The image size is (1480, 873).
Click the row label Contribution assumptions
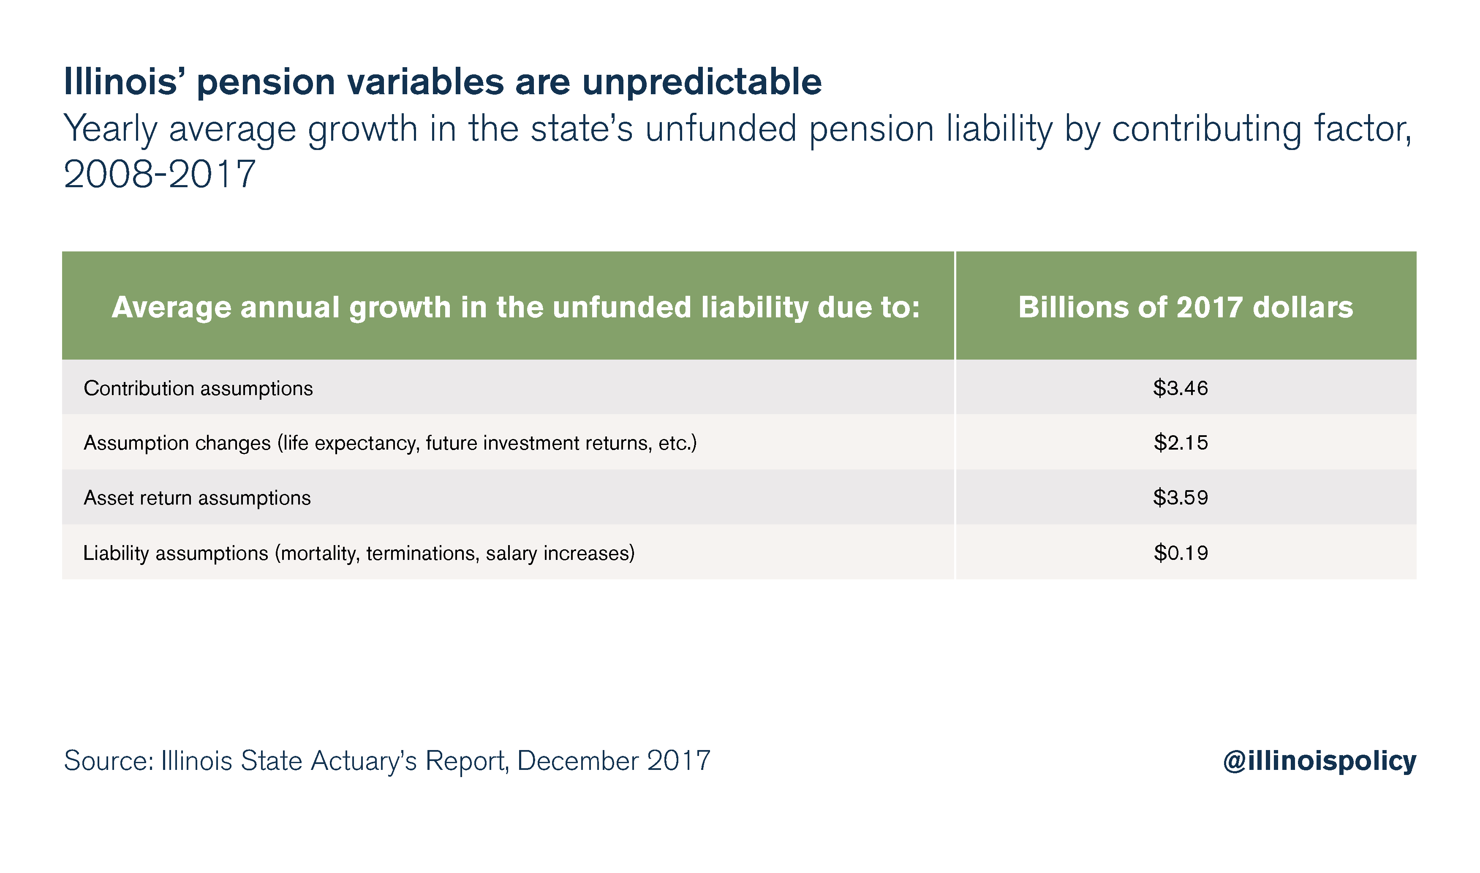tap(198, 388)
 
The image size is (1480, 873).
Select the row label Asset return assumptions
tap(197, 498)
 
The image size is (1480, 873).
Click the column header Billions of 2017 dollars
tap(1186, 307)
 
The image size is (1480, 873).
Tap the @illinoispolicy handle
tap(1319, 761)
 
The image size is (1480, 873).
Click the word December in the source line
tap(578, 761)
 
